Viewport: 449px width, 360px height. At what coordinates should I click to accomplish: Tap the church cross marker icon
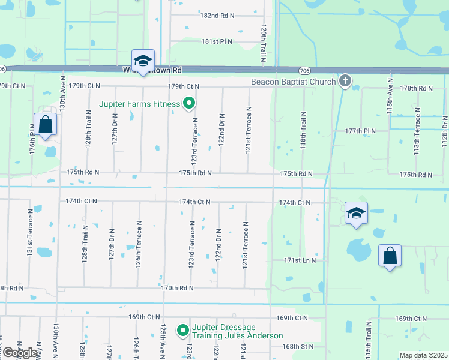point(345,80)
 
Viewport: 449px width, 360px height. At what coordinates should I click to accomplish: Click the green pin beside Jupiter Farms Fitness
point(189,104)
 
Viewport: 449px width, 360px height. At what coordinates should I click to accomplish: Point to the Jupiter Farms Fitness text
point(140,104)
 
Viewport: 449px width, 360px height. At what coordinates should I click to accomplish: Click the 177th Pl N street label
point(360,131)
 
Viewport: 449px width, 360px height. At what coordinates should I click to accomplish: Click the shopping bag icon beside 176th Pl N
point(45,125)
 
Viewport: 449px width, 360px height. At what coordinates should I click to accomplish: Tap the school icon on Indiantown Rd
point(143,61)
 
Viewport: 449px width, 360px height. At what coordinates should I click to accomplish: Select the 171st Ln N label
point(300,260)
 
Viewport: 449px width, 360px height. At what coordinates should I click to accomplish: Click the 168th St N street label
point(298,346)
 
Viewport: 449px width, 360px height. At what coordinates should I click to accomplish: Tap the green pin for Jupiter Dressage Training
point(183,331)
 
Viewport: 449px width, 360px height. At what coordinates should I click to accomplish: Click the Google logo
point(20,353)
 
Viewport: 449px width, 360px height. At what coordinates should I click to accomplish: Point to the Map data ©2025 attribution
point(423,355)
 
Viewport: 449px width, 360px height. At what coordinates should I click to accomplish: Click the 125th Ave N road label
point(163,341)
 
